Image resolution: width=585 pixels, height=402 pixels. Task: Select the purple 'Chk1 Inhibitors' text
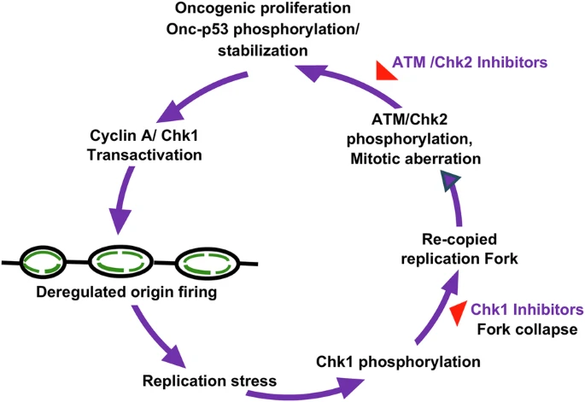point(527,308)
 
